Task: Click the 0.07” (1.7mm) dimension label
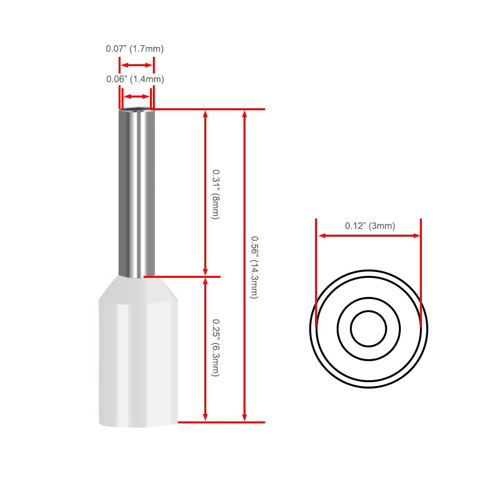click(x=135, y=49)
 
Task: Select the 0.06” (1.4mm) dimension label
click(x=135, y=79)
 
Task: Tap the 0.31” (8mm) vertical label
click(x=216, y=195)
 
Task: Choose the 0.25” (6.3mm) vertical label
click(x=216, y=347)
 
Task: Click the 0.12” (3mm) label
click(x=370, y=225)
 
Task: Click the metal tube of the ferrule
click(x=137, y=192)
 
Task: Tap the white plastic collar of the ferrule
click(x=139, y=351)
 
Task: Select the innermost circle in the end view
click(x=369, y=311)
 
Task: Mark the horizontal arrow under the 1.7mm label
click(x=137, y=65)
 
